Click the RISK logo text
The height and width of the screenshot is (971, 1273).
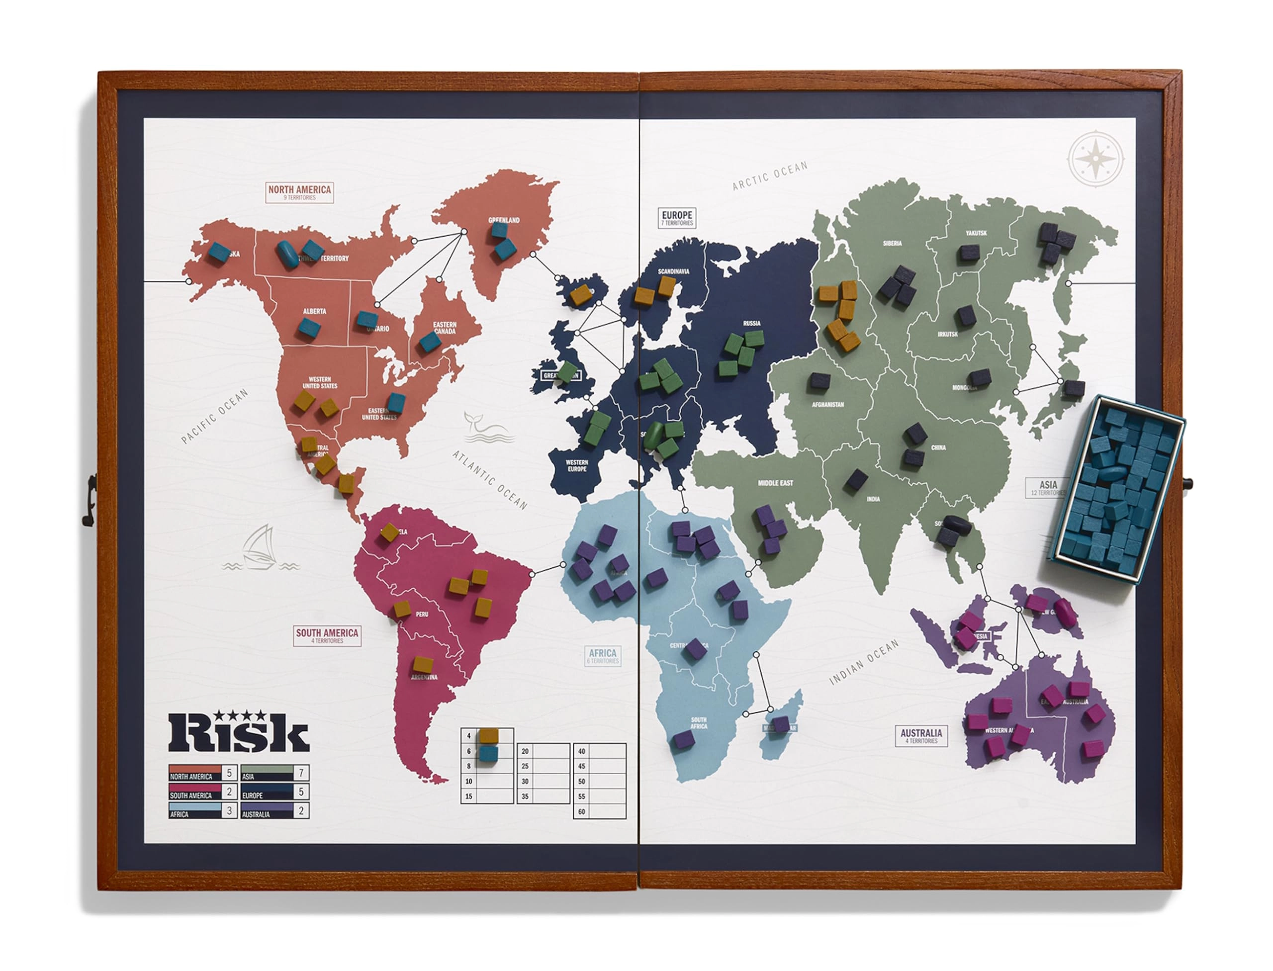click(238, 733)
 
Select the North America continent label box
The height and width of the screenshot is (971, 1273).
click(299, 192)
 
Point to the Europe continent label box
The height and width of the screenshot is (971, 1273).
click(676, 217)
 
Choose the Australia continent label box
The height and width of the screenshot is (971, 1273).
click(921, 736)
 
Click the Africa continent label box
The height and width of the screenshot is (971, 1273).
click(602, 656)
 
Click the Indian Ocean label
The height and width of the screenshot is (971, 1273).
click(864, 662)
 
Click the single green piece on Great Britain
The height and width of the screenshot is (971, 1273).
click(567, 371)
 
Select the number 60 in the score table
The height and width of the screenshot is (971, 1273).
click(582, 811)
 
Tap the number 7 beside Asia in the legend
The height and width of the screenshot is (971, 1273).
click(301, 772)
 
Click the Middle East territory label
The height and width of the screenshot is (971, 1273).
click(775, 483)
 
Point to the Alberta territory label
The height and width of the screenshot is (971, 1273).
click(314, 311)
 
